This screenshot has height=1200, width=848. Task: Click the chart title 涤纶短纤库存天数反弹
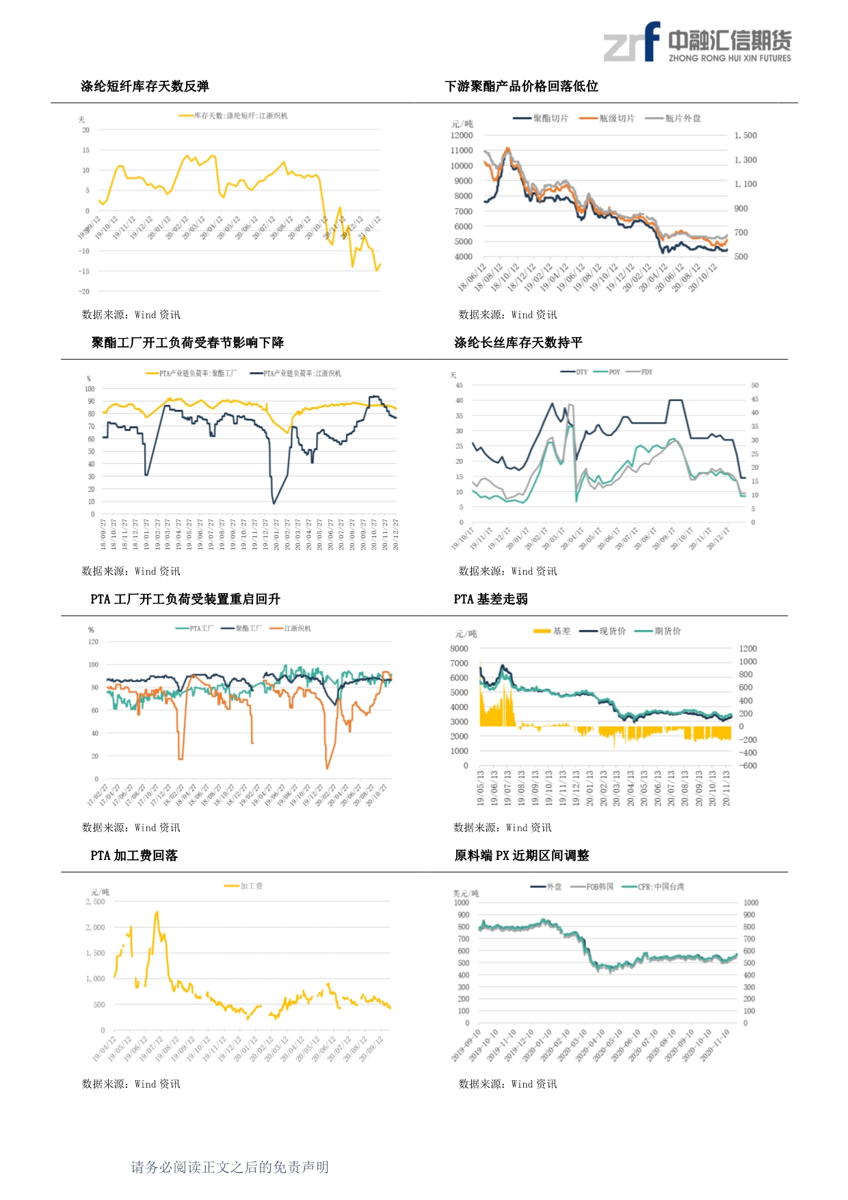click(145, 86)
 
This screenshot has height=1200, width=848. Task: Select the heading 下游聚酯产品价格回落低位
click(521, 86)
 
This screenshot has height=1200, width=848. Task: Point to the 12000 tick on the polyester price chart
click(462, 135)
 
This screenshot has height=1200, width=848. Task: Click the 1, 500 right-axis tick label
click(745, 135)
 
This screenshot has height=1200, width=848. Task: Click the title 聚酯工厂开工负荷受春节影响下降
click(187, 343)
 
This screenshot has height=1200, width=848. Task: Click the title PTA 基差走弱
click(490, 599)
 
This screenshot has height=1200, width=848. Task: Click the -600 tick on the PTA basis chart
click(748, 766)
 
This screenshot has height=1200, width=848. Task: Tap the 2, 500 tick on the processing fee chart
click(95, 902)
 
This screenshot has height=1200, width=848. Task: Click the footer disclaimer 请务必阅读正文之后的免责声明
click(230, 1167)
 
